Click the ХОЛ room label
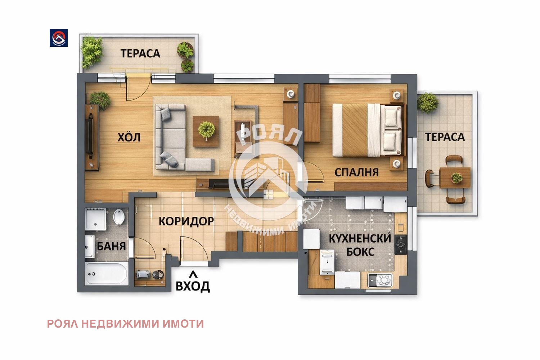click(x=129, y=138)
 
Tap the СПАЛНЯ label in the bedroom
click(x=356, y=172)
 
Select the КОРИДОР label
click(x=186, y=221)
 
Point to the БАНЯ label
click(x=111, y=247)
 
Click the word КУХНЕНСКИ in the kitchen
click(x=360, y=238)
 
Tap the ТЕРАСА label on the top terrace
click(x=140, y=54)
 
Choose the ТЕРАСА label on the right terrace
click(x=445, y=137)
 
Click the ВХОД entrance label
click(x=193, y=286)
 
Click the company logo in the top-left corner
click(x=59, y=38)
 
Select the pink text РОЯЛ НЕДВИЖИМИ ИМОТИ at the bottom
click(x=125, y=324)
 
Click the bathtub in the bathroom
click(x=107, y=274)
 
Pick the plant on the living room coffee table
click(x=206, y=130)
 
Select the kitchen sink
click(x=380, y=280)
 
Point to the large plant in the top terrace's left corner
click(x=91, y=52)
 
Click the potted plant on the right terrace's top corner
click(x=428, y=102)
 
